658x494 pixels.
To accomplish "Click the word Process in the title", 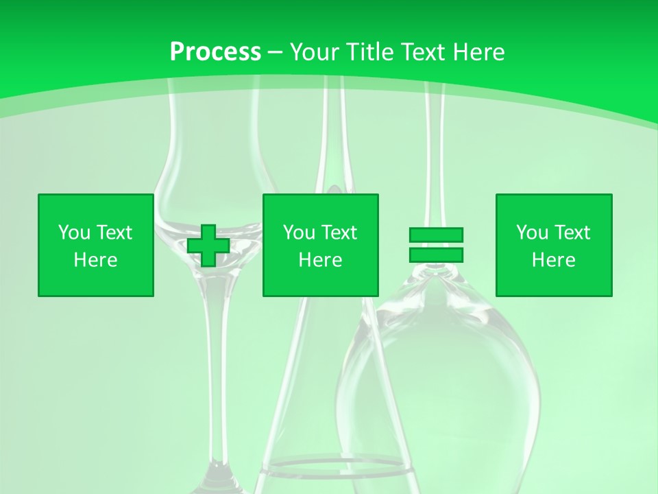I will (x=215, y=52).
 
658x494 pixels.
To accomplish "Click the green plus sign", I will (x=208, y=246).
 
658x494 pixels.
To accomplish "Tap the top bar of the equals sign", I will (x=436, y=235).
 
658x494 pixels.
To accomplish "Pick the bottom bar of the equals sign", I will (x=436, y=255).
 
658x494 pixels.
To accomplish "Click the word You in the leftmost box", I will (x=73, y=233).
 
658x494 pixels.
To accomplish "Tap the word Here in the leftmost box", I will (x=96, y=260).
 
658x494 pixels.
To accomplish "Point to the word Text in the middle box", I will (x=339, y=233).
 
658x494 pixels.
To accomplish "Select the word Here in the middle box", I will (x=321, y=260).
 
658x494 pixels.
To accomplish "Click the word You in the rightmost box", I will (x=531, y=233).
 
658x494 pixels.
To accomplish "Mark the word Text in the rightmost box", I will (x=572, y=233).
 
